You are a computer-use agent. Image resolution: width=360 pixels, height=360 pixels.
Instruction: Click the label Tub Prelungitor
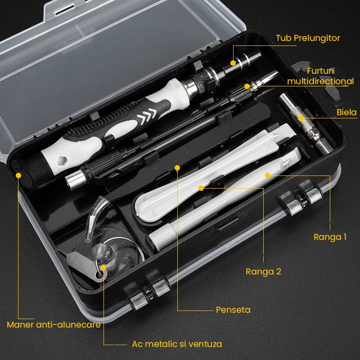coord(308,38)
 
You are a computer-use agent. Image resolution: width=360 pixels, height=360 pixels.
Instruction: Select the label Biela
coord(346,112)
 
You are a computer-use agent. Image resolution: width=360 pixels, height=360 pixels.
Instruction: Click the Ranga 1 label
coord(330,237)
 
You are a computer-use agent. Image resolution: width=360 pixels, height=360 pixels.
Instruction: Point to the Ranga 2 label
coord(263,271)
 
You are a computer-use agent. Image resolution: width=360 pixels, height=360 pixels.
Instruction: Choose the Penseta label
coord(233,310)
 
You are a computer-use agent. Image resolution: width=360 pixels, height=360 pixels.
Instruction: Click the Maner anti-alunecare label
coord(54,324)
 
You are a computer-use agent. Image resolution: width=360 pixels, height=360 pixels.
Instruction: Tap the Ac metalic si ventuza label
coord(177,344)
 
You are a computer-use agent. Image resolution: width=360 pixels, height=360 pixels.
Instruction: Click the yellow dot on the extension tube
coord(233,63)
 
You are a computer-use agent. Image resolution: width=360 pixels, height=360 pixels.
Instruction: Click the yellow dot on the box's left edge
coord(19,175)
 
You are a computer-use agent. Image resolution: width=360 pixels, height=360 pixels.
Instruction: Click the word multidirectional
coord(320,81)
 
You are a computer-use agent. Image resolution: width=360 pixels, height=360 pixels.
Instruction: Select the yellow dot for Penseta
coord(177,168)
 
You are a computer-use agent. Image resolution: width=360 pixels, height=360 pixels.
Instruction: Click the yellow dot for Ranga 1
coord(267,175)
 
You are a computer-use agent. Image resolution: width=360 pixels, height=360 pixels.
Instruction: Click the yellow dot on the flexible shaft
coord(247,85)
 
